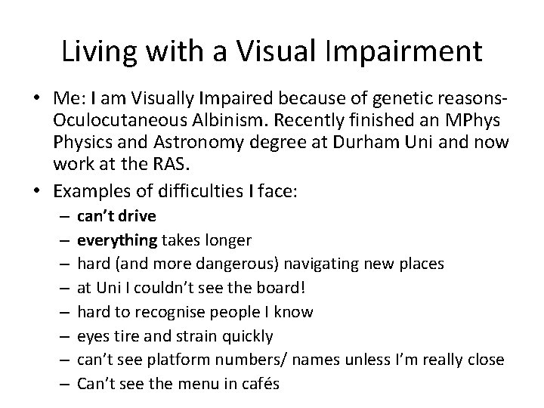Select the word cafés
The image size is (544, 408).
pos(260,383)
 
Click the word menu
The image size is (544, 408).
pos(205,383)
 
